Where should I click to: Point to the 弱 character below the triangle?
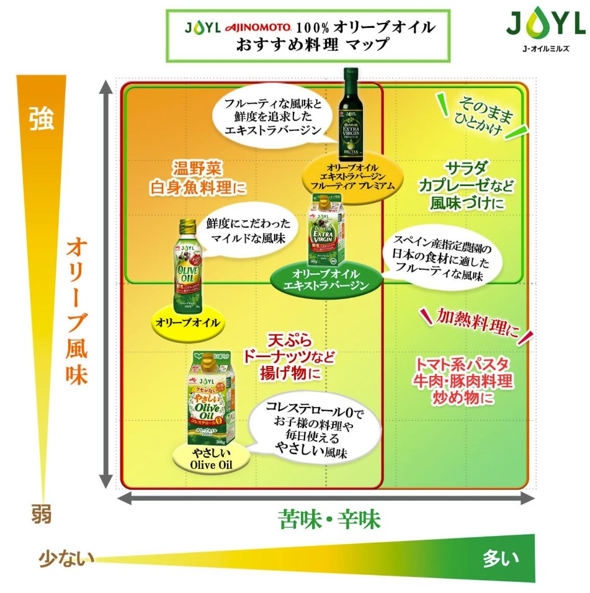(x=42, y=514)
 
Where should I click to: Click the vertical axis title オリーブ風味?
(x=78, y=310)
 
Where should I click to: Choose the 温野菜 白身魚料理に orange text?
(x=198, y=178)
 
